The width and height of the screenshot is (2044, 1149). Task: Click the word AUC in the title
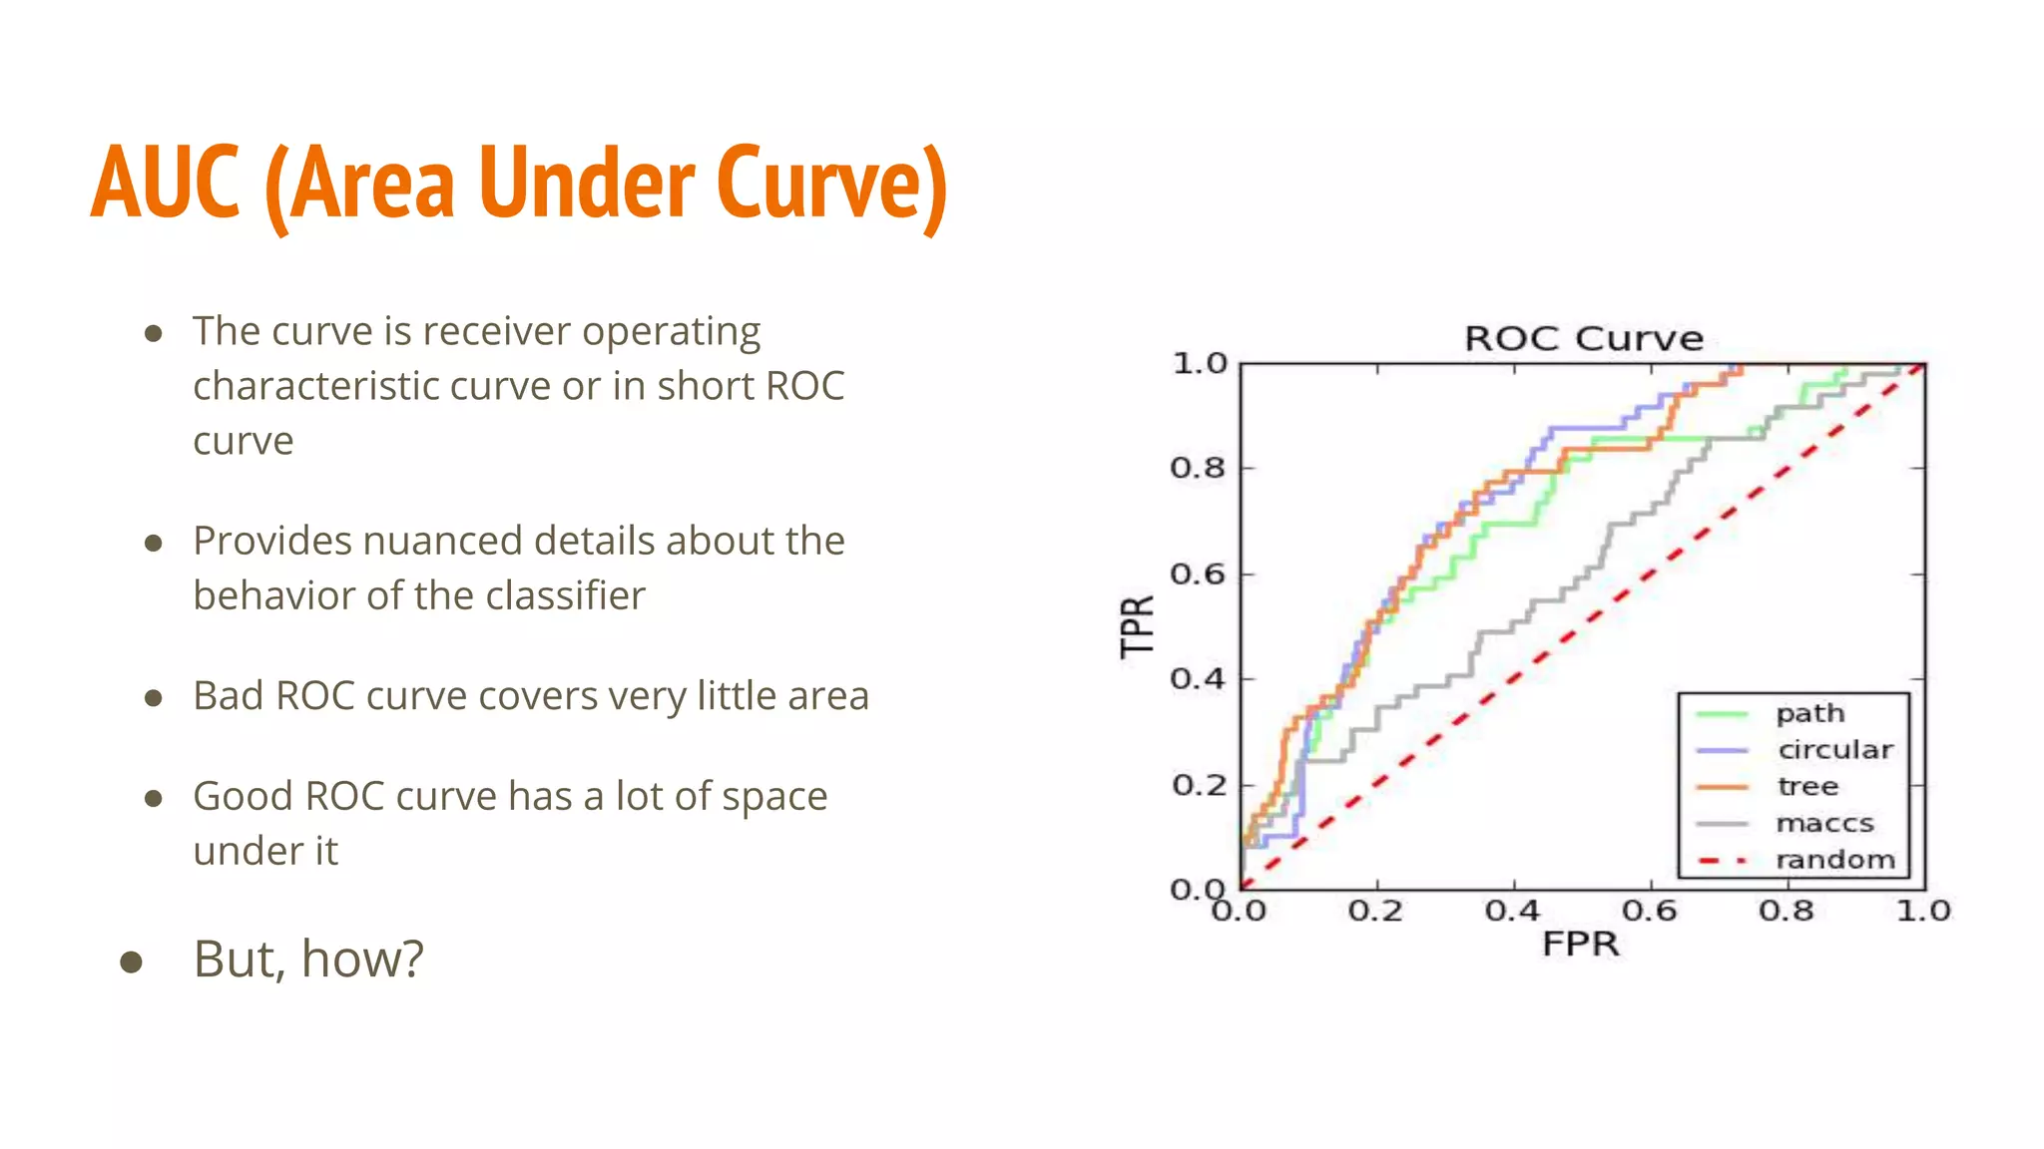pyautogui.click(x=166, y=183)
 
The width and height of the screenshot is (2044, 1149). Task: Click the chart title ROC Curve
pyautogui.click(x=1583, y=339)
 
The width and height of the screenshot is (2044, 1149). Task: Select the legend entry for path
pyautogui.click(x=1809, y=714)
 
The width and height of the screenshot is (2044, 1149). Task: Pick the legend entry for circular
pyautogui.click(x=1834, y=750)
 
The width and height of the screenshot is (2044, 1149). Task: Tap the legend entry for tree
pyautogui.click(x=1807, y=787)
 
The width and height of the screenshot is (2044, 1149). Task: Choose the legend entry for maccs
pyautogui.click(x=1824, y=824)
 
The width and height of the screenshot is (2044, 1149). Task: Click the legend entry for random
pyautogui.click(x=1834, y=860)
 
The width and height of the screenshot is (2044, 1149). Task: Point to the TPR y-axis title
pyautogui.click(x=1137, y=626)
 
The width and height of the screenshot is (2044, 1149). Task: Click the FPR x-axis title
pyautogui.click(x=1580, y=944)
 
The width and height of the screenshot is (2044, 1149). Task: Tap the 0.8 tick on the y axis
pyautogui.click(x=1198, y=468)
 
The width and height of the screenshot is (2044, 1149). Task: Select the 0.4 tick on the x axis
pyautogui.click(x=1513, y=911)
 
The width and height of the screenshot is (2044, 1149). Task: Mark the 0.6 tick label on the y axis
pyautogui.click(x=1198, y=574)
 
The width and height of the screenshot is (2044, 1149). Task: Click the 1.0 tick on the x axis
pyautogui.click(x=1923, y=911)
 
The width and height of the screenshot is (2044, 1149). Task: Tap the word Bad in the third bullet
pyautogui.click(x=228, y=695)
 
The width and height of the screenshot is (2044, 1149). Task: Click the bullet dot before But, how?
pyautogui.click(x=131, y=961)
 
